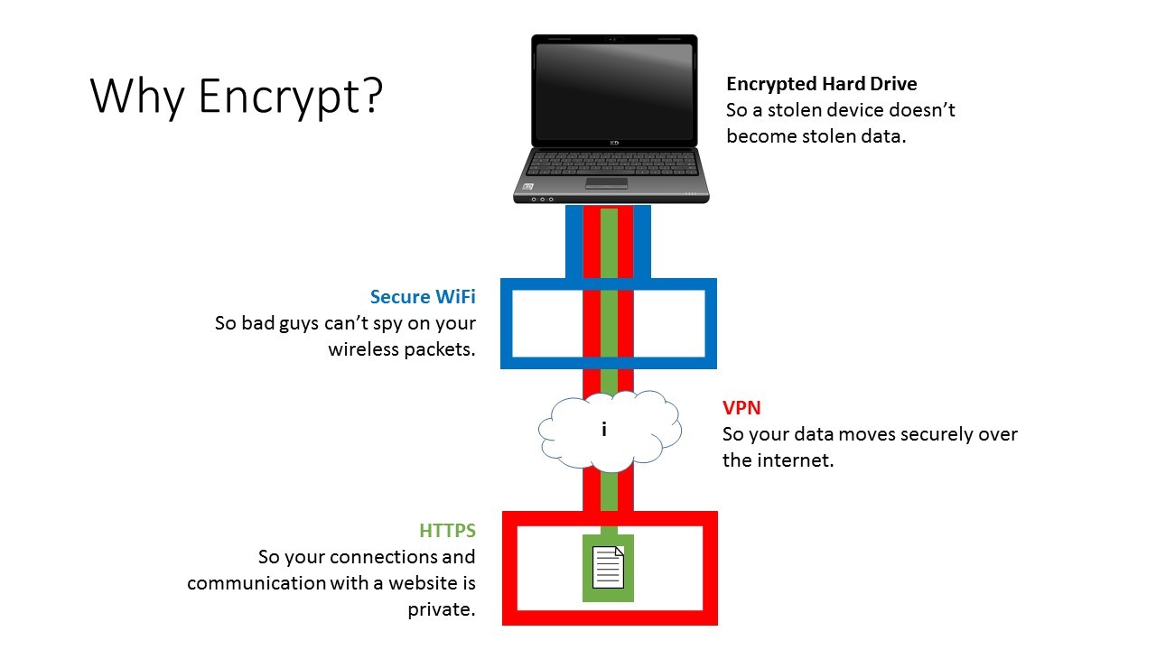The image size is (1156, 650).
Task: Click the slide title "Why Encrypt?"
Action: (237, 97)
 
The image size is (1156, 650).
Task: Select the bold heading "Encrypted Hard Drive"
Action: (822, 84)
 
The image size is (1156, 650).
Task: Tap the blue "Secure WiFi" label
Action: (423, 297)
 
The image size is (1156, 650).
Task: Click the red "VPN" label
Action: (741, 408)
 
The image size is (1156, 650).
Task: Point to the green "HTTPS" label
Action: (447, 530)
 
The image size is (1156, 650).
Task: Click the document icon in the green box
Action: (608, 567)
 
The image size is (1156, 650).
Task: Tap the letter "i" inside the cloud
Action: (604, 429)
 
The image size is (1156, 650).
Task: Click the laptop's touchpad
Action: (606, 183)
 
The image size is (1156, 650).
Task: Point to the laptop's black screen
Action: (614, 90)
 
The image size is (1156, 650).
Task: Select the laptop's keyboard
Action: (612, 163)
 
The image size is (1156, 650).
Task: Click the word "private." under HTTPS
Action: (442, 609)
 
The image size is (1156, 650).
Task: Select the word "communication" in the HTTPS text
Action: (256, 583)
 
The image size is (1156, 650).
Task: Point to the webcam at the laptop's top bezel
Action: (613, 39)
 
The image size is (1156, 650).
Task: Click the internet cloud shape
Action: (610, 432)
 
